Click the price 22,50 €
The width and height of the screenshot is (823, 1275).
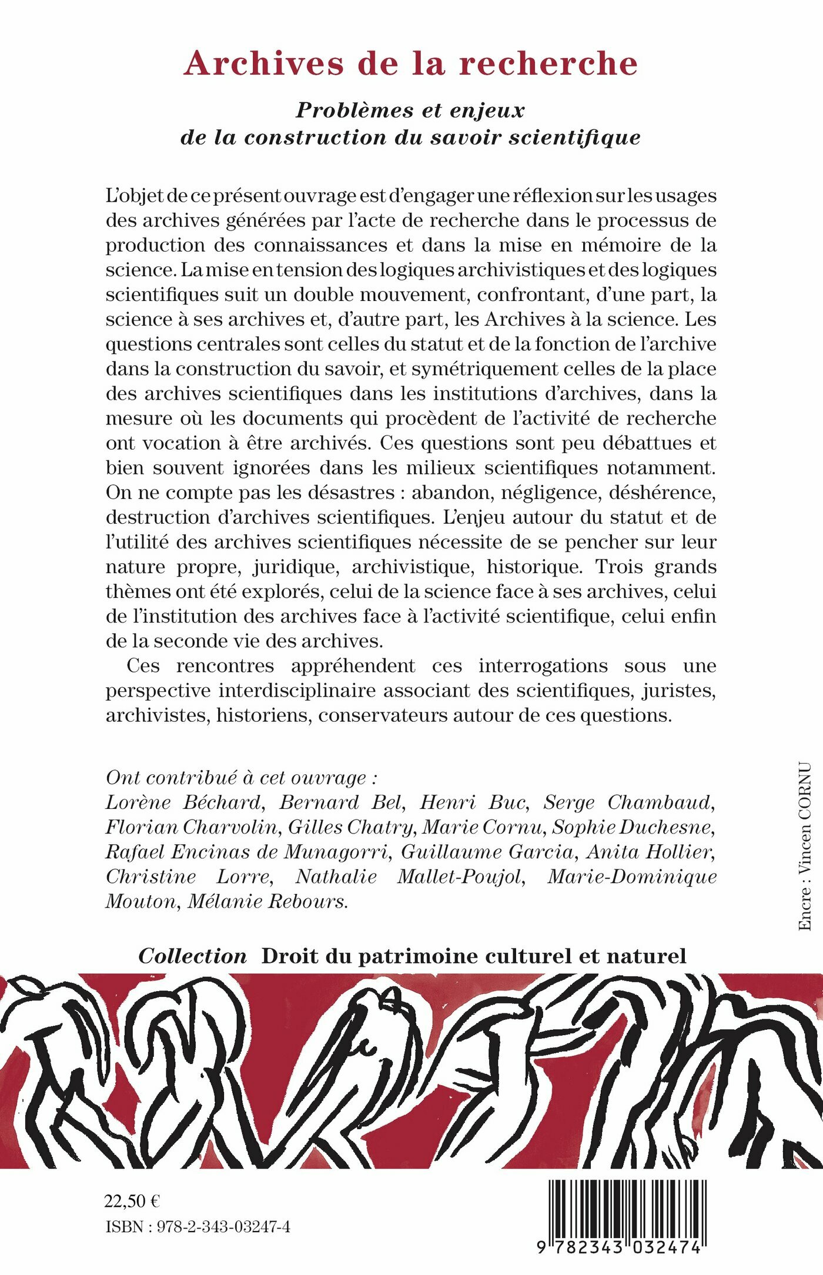coord(132,1201)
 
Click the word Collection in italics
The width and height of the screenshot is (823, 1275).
coord(193,956)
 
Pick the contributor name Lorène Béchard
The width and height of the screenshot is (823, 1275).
coord(183,802)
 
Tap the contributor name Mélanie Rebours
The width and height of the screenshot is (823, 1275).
coord(267,901)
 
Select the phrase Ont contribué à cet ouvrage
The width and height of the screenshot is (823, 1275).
coord(241,778)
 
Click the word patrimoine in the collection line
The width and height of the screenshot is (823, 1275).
coord(418,956)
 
